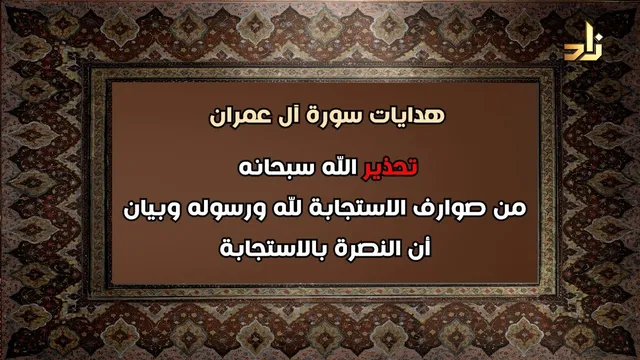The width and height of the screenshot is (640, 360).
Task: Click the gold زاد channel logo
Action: pos(583,42)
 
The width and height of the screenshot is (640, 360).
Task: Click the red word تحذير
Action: pos(391,168)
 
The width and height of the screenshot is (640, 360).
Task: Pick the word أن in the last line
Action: pos(421,248)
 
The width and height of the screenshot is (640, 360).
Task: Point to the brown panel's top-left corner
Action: pos(111,82)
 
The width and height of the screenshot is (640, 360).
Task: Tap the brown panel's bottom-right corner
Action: pos(539,283)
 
